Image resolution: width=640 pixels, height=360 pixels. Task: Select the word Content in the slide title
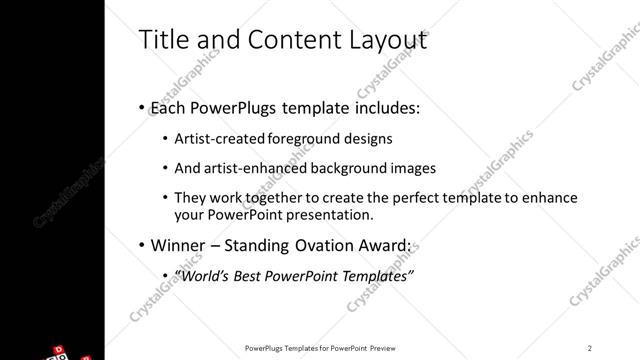283,40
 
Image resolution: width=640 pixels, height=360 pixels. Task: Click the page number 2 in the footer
589,348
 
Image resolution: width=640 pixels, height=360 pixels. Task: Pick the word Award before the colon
382,246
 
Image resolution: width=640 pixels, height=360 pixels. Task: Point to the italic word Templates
376,276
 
